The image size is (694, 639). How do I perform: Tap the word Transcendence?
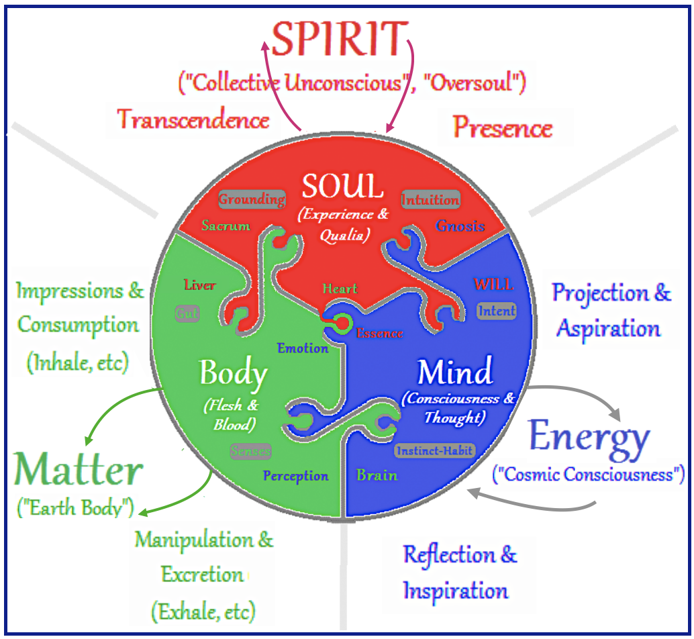tap(193, 120)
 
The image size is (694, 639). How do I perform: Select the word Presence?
tap(502, 128)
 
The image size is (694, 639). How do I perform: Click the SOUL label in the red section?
tap(342, 187)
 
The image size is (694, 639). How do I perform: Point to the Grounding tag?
tap(252, 199)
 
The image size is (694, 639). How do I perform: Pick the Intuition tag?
tap(430, 199)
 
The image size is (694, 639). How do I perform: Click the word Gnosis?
tap(460, 226)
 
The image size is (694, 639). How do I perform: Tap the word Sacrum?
tap(226, 226)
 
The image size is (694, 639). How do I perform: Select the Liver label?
tap(200, 285)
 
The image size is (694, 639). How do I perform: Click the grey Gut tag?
tap(187, 313)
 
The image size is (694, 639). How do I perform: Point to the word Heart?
tap(340, 289)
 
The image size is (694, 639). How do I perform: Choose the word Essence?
tap(380, 334)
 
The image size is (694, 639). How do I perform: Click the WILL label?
tap(493, 284)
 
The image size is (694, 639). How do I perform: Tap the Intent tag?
tap(497, 310)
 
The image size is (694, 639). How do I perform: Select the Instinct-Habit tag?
tap(434, 451)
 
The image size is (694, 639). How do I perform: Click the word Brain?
tap(377, 475)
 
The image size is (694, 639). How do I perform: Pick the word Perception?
tap(295, 476)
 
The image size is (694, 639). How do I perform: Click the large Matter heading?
tap(79, 471)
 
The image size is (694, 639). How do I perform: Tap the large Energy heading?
tap(589, 437)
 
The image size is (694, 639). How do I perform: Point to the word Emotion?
tap(303, 348)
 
